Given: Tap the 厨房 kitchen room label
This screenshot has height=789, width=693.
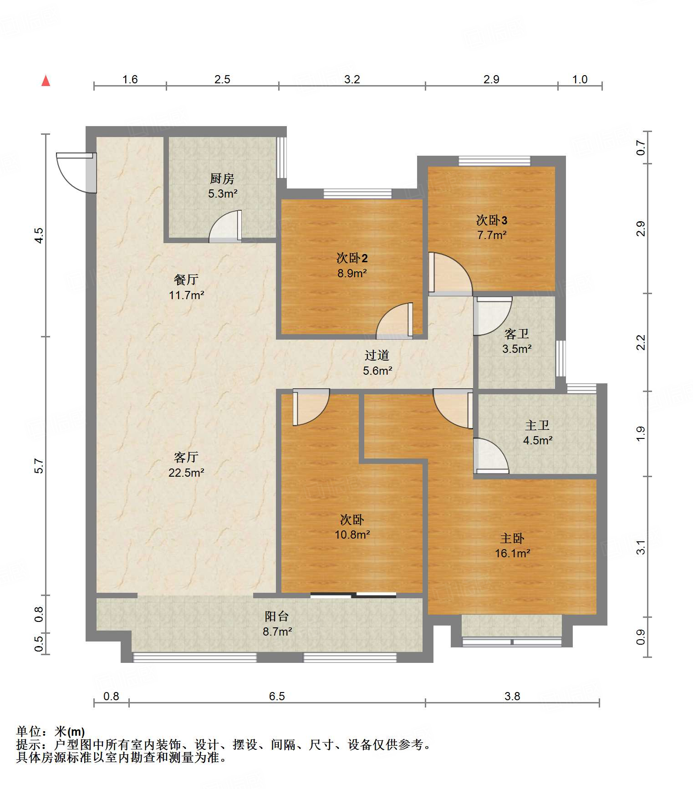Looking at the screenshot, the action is click(222, 178).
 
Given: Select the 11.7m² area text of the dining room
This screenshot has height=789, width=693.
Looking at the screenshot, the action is click(186, 295).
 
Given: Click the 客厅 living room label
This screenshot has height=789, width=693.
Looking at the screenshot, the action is click(186, 457).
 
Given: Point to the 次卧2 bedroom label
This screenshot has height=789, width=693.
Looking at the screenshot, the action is click(352, 258).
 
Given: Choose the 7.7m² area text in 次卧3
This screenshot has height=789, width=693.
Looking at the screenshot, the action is click(492, 235).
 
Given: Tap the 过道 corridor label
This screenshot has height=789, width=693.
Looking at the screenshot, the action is click(377, 355).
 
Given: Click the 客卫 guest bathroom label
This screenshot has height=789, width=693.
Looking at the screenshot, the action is click(517, 334).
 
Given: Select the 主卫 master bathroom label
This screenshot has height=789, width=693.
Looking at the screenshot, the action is click(537, 425).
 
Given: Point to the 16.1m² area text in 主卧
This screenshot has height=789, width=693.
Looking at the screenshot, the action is click(513, 553).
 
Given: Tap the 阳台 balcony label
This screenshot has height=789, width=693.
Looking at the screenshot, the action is click(277, 616).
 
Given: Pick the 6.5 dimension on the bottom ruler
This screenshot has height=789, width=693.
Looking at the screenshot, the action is click(277, 696).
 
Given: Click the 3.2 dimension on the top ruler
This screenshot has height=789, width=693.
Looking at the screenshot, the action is click(352, 80).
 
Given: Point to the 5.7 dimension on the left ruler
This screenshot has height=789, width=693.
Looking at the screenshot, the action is click(39, 466).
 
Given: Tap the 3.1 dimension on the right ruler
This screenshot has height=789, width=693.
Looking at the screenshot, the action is click(641, 547).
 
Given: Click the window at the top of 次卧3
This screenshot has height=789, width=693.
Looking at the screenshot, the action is click(494, 161).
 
